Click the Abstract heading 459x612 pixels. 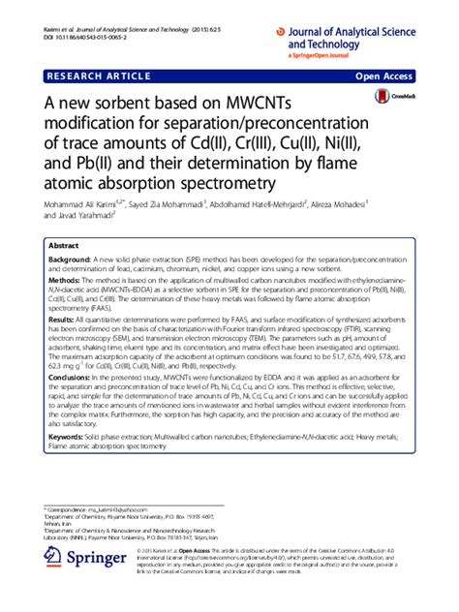point(63,246)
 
